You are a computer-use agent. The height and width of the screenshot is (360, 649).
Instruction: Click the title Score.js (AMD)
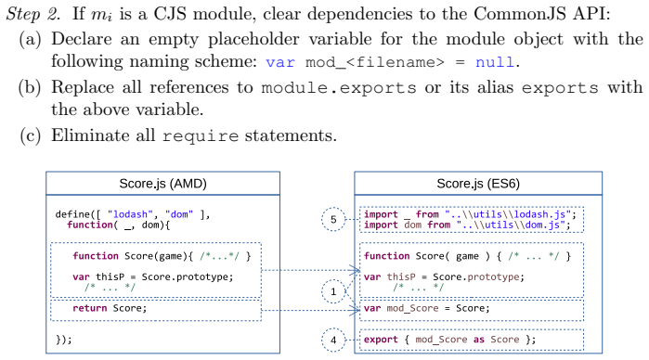pyautogui.click(x=162, y=184)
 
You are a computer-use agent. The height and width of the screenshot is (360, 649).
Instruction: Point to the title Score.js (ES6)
pyautogui.click(x=478, y=184)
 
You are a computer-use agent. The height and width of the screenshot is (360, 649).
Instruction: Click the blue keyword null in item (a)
pyautogui.click(x=495, y=62)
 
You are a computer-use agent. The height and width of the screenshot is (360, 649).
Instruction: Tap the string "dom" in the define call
pyautogui.click(x=179, y=214)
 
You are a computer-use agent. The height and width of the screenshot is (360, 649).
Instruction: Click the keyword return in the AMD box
pyautogui.click(x=89, y=308)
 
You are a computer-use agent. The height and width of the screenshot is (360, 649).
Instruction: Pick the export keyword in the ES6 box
pyautogui.click(x=381, y=340)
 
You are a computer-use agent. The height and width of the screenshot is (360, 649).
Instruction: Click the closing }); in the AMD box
pyautogui.click(x=64, y=340)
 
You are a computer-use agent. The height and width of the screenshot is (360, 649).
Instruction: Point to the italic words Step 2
pyautogui.click(x=33, y=14)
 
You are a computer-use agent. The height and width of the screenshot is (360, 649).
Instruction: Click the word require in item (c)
pyautogui.click(x=201, y=136)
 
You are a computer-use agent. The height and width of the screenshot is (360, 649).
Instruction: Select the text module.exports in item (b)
pyautogui.click(x=339, y=88)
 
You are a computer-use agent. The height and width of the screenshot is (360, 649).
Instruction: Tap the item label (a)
pyautogui.click(x=31, y=39)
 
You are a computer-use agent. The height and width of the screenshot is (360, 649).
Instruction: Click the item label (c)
pyautogui.click(x=31, y=135)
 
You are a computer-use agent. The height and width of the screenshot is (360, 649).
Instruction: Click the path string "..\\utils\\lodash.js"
pyautogui.click(x=508, y=214)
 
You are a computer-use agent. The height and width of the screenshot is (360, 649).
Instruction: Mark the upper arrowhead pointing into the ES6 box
pyautogui.click(x=355, y=270)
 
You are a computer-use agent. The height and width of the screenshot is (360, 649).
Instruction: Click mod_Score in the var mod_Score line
pyautogui.click(x=412, y=309)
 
